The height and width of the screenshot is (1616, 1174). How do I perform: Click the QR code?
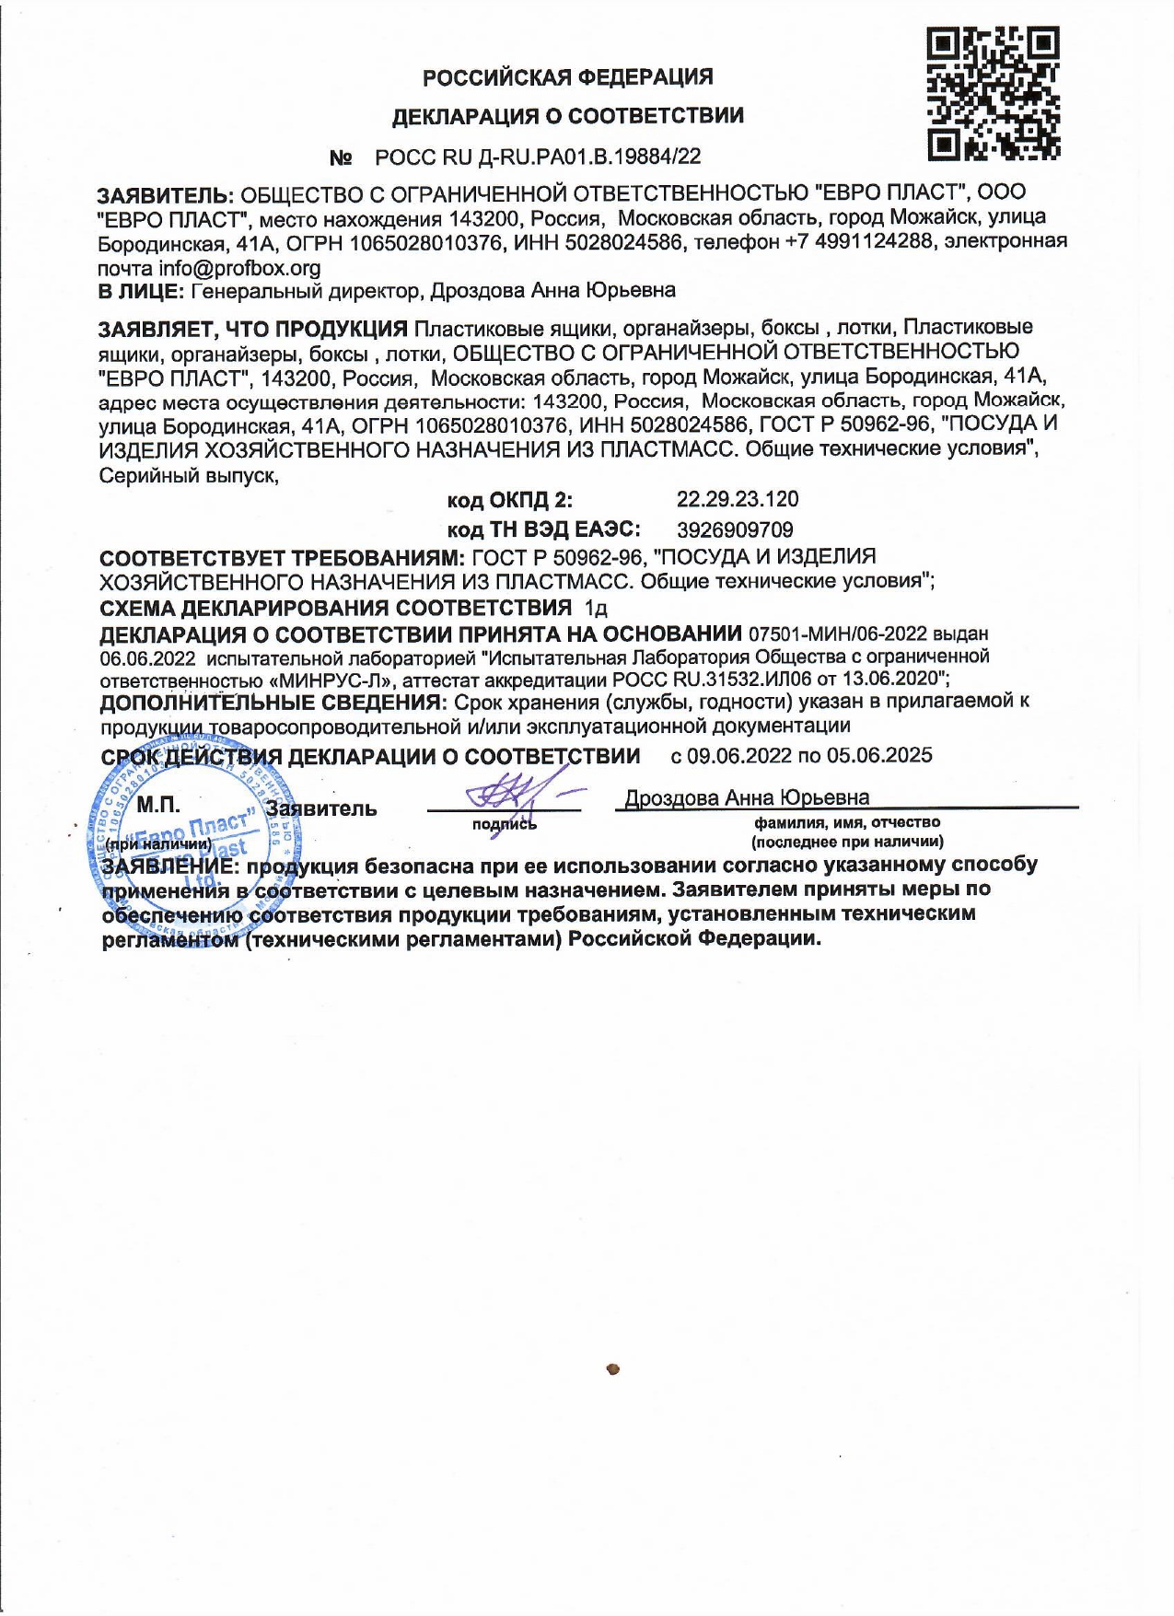(993, 93)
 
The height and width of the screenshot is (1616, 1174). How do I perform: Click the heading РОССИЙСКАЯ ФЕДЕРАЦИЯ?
(567, 77)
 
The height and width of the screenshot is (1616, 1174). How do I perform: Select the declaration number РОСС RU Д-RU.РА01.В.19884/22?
(538, 157)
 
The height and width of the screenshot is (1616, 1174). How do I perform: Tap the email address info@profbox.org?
(239, 268)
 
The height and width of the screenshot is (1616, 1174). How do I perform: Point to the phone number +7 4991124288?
(863, 241)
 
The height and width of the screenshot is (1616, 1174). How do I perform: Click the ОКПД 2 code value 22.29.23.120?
(737, 500)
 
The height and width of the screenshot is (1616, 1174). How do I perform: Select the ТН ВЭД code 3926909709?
(734, 529)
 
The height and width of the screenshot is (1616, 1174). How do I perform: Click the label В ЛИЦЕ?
(141, 291)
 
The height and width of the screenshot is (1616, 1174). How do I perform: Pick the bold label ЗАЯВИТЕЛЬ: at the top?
(166, 194)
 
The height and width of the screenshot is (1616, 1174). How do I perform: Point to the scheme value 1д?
(596, 609)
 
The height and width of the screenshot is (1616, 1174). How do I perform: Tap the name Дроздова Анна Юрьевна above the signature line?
(747, 797)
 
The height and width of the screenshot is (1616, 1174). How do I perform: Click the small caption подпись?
(504, 824)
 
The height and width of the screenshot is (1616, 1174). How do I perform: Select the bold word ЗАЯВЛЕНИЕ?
(171, 866)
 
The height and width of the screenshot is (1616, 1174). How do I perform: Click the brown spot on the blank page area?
(613, 1369)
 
